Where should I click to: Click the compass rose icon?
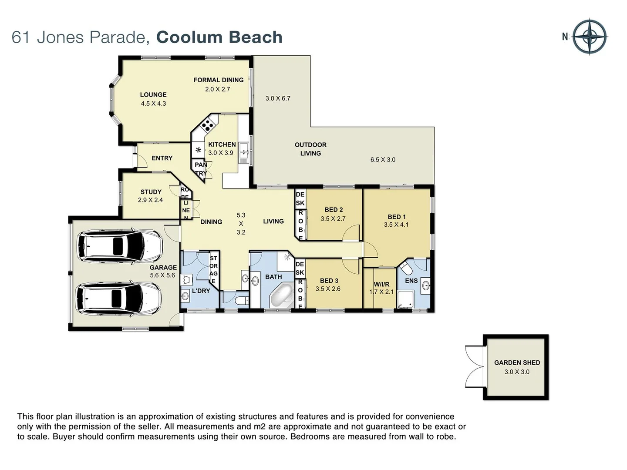coord(590,37)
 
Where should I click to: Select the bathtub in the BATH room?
coord(282,295)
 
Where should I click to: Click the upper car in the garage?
coord(119,246)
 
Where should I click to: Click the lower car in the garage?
coord(119,299)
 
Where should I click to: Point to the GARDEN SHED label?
coord(517,363)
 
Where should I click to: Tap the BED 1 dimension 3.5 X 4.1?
coord(396,225)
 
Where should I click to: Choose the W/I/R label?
coord(381,284)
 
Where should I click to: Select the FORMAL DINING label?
coord(218,80)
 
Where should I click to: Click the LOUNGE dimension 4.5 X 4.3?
coord(153,104)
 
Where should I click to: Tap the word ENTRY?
coord(162,158)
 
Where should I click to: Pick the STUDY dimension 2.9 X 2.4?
coord(150,200)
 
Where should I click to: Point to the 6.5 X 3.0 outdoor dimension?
coord(383,160)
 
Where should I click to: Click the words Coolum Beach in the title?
coord(219,37)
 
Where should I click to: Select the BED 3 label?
coord(329,281)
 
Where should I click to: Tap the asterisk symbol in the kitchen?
coord(199,151)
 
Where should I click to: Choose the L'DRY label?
coord(201,291)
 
